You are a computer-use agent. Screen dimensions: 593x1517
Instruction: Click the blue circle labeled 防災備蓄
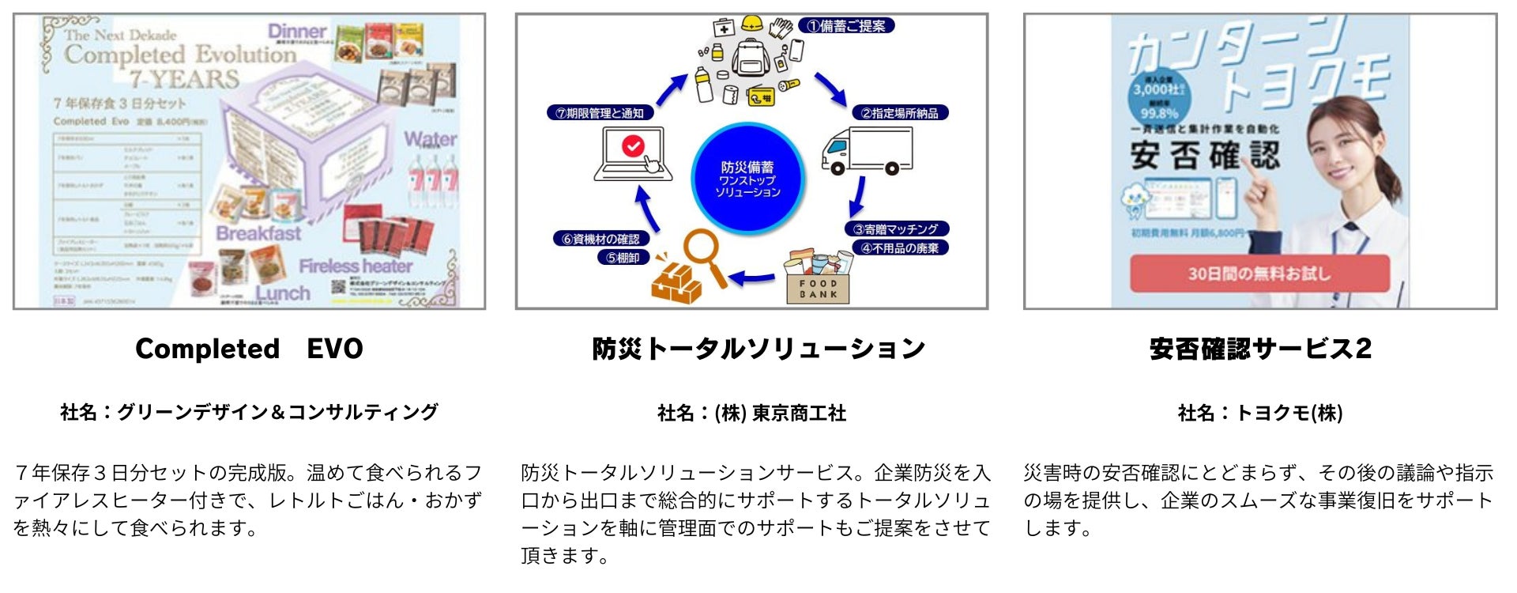pyautogui.click(x=747, y=179)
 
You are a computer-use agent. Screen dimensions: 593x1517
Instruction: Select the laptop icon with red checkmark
pyautogui.click(x=634, y=153)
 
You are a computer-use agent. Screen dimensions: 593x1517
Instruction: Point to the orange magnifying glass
pyautogui.click(x=706, y=255)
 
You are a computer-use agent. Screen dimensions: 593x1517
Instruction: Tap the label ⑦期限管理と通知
pyautogui.click(x=600, y=113)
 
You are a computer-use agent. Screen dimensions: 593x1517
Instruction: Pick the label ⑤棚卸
pyautogui.click(x=623, y=258)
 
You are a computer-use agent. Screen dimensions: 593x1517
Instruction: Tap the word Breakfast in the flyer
pyautogui.click(x=258, y=233)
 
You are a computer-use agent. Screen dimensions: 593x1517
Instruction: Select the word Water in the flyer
pyautogui.click(x=431, y=139)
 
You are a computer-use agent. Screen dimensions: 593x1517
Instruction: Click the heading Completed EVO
pyautogui.click(x=249, y=349)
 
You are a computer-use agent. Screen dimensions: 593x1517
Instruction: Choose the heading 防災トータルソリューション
pyautogui.click(x=758, y=349)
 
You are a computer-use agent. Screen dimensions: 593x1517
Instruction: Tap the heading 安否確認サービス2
pyautogui.click(x=1260, y=349)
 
